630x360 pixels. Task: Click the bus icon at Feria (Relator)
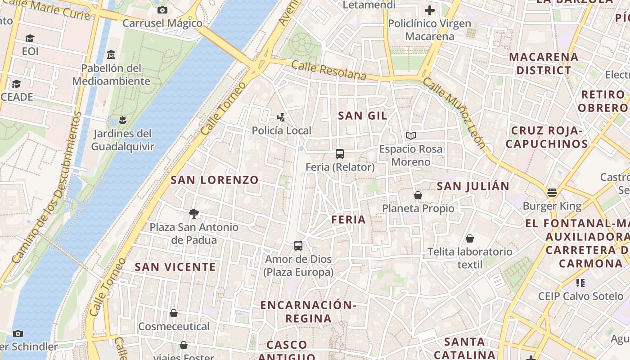[340, 154]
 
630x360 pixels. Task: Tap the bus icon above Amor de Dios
[298, 246]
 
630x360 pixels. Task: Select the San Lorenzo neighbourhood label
[215, 180]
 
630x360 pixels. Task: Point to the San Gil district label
[362, 116]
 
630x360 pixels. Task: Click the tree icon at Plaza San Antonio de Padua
[194, 213]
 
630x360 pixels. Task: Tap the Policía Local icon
[281, 118]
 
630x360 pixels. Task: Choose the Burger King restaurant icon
[552, 193]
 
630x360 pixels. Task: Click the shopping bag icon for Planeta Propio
[418, 195]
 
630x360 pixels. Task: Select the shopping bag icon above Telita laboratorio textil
[470, 238]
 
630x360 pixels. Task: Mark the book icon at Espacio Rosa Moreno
[410, 135]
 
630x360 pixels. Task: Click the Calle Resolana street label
[328, 71]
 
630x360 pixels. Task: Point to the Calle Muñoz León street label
[454, 113]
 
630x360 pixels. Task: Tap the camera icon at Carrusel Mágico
[162, 10]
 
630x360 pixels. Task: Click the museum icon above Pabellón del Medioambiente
[111, 55]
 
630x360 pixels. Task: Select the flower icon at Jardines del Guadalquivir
[122, 120]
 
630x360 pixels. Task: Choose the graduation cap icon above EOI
[30, 38]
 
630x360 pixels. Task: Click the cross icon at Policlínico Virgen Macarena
[430, 10]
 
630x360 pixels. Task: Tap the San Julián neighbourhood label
[473, 186]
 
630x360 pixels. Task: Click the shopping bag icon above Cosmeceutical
[174, 313]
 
